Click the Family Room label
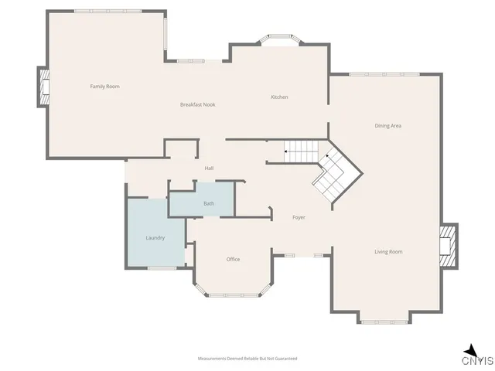[104, 87]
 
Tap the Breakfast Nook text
[197, 104]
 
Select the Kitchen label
[279, 97]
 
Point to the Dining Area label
[387, 125]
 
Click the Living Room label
[388, 252]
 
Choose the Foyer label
[299, 217]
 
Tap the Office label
[233, 260]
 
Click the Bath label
[209, 203]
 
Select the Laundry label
[155, 238]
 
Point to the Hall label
[209, 168]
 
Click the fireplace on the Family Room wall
[44, 87]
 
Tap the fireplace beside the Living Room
[448, 246]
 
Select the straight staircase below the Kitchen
[301, 151]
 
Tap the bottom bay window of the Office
[232, 293]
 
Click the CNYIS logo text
[477, 360]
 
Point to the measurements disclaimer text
[247, 359]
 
